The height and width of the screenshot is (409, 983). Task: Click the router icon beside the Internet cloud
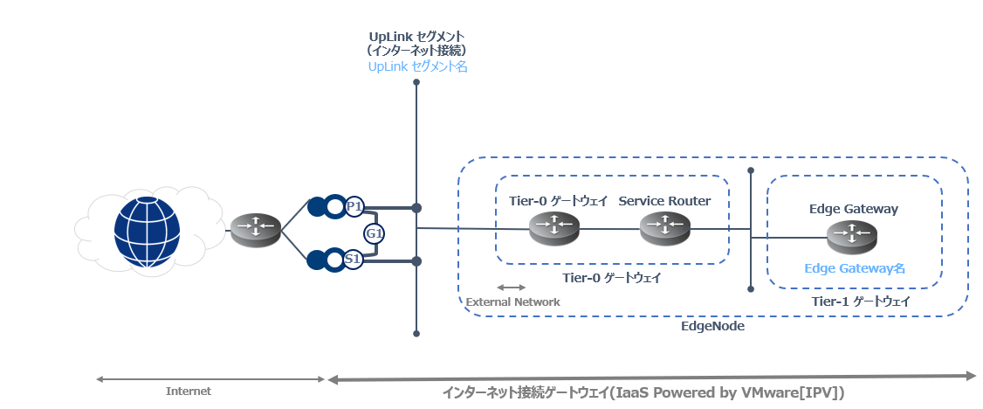click(256, 230)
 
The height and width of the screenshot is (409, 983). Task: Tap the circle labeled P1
click(354, 207)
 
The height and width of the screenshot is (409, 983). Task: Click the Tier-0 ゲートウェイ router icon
click(555, 228)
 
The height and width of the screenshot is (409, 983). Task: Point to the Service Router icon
click(665, 228)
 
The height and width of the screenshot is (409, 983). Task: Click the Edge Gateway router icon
click(852, 237)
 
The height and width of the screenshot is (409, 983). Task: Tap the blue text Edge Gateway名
click(855, 268)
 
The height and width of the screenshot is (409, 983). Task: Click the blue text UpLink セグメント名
click(417, 66)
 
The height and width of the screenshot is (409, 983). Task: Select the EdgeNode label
click(712, 326)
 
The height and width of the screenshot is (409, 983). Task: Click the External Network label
click(512, 302)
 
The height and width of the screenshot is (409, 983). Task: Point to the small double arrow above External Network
click(512, 288)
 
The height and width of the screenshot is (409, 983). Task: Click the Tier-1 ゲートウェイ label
click(861, 302)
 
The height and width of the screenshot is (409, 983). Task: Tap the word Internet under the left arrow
click(189, 392)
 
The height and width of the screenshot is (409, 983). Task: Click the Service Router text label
click(664, 201)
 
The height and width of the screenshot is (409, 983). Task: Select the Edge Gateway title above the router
click(854, 210)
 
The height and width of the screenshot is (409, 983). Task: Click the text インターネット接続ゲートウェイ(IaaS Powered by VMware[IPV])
click(644, 394)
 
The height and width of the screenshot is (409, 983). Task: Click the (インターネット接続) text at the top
click(417, 51)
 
